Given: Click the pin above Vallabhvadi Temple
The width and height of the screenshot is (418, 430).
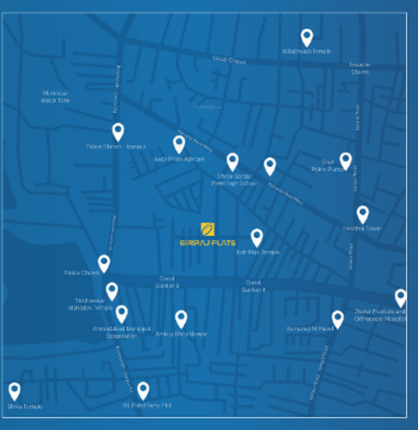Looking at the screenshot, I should (306, 37).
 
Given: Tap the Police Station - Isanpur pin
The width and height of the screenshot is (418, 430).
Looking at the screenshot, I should (118, 132).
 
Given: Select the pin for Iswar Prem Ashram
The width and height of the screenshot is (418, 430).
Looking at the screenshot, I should (179, 145).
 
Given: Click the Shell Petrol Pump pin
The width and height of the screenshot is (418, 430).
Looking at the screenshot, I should (345, 160).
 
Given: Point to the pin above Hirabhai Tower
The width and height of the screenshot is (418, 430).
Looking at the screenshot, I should (363, 214).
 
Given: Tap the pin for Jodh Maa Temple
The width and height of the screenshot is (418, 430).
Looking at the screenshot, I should (257, 237).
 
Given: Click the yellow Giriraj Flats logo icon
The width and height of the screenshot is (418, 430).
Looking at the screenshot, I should (206, 229).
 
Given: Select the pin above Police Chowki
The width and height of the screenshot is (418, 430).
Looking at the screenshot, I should (104, 263).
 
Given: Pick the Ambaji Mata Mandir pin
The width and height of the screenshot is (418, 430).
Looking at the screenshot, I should (181, 319).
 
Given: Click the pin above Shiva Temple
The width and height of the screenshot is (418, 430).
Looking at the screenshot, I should (14, 391).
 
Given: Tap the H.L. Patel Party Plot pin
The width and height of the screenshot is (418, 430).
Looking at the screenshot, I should (143, 390).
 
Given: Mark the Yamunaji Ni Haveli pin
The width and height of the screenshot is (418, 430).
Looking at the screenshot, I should (337, 319).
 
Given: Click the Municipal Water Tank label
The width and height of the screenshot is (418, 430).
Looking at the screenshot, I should (55, 97).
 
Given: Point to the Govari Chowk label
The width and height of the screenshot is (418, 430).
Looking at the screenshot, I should (229, 60).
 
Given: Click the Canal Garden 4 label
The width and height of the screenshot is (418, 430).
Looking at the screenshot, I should (255, 285).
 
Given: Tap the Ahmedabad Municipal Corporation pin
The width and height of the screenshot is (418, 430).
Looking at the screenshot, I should (122, 314).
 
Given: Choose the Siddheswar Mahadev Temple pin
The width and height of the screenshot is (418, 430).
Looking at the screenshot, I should (112, 291).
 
